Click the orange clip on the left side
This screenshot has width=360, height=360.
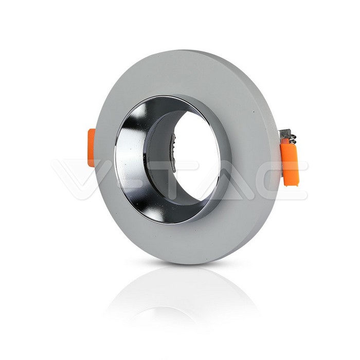point(92,148)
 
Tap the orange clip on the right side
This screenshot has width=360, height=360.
point(289,160)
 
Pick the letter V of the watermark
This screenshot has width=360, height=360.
point(75,179)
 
